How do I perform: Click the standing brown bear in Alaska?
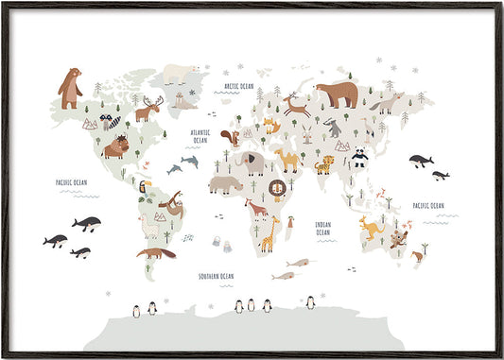tap(69, 88)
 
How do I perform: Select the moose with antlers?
tap(148, 111)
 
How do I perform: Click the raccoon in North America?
tap(112, 122)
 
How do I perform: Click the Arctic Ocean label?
tap(238, 86)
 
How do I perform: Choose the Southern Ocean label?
tap(216, 276)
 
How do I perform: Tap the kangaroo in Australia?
tap(367, 226)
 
